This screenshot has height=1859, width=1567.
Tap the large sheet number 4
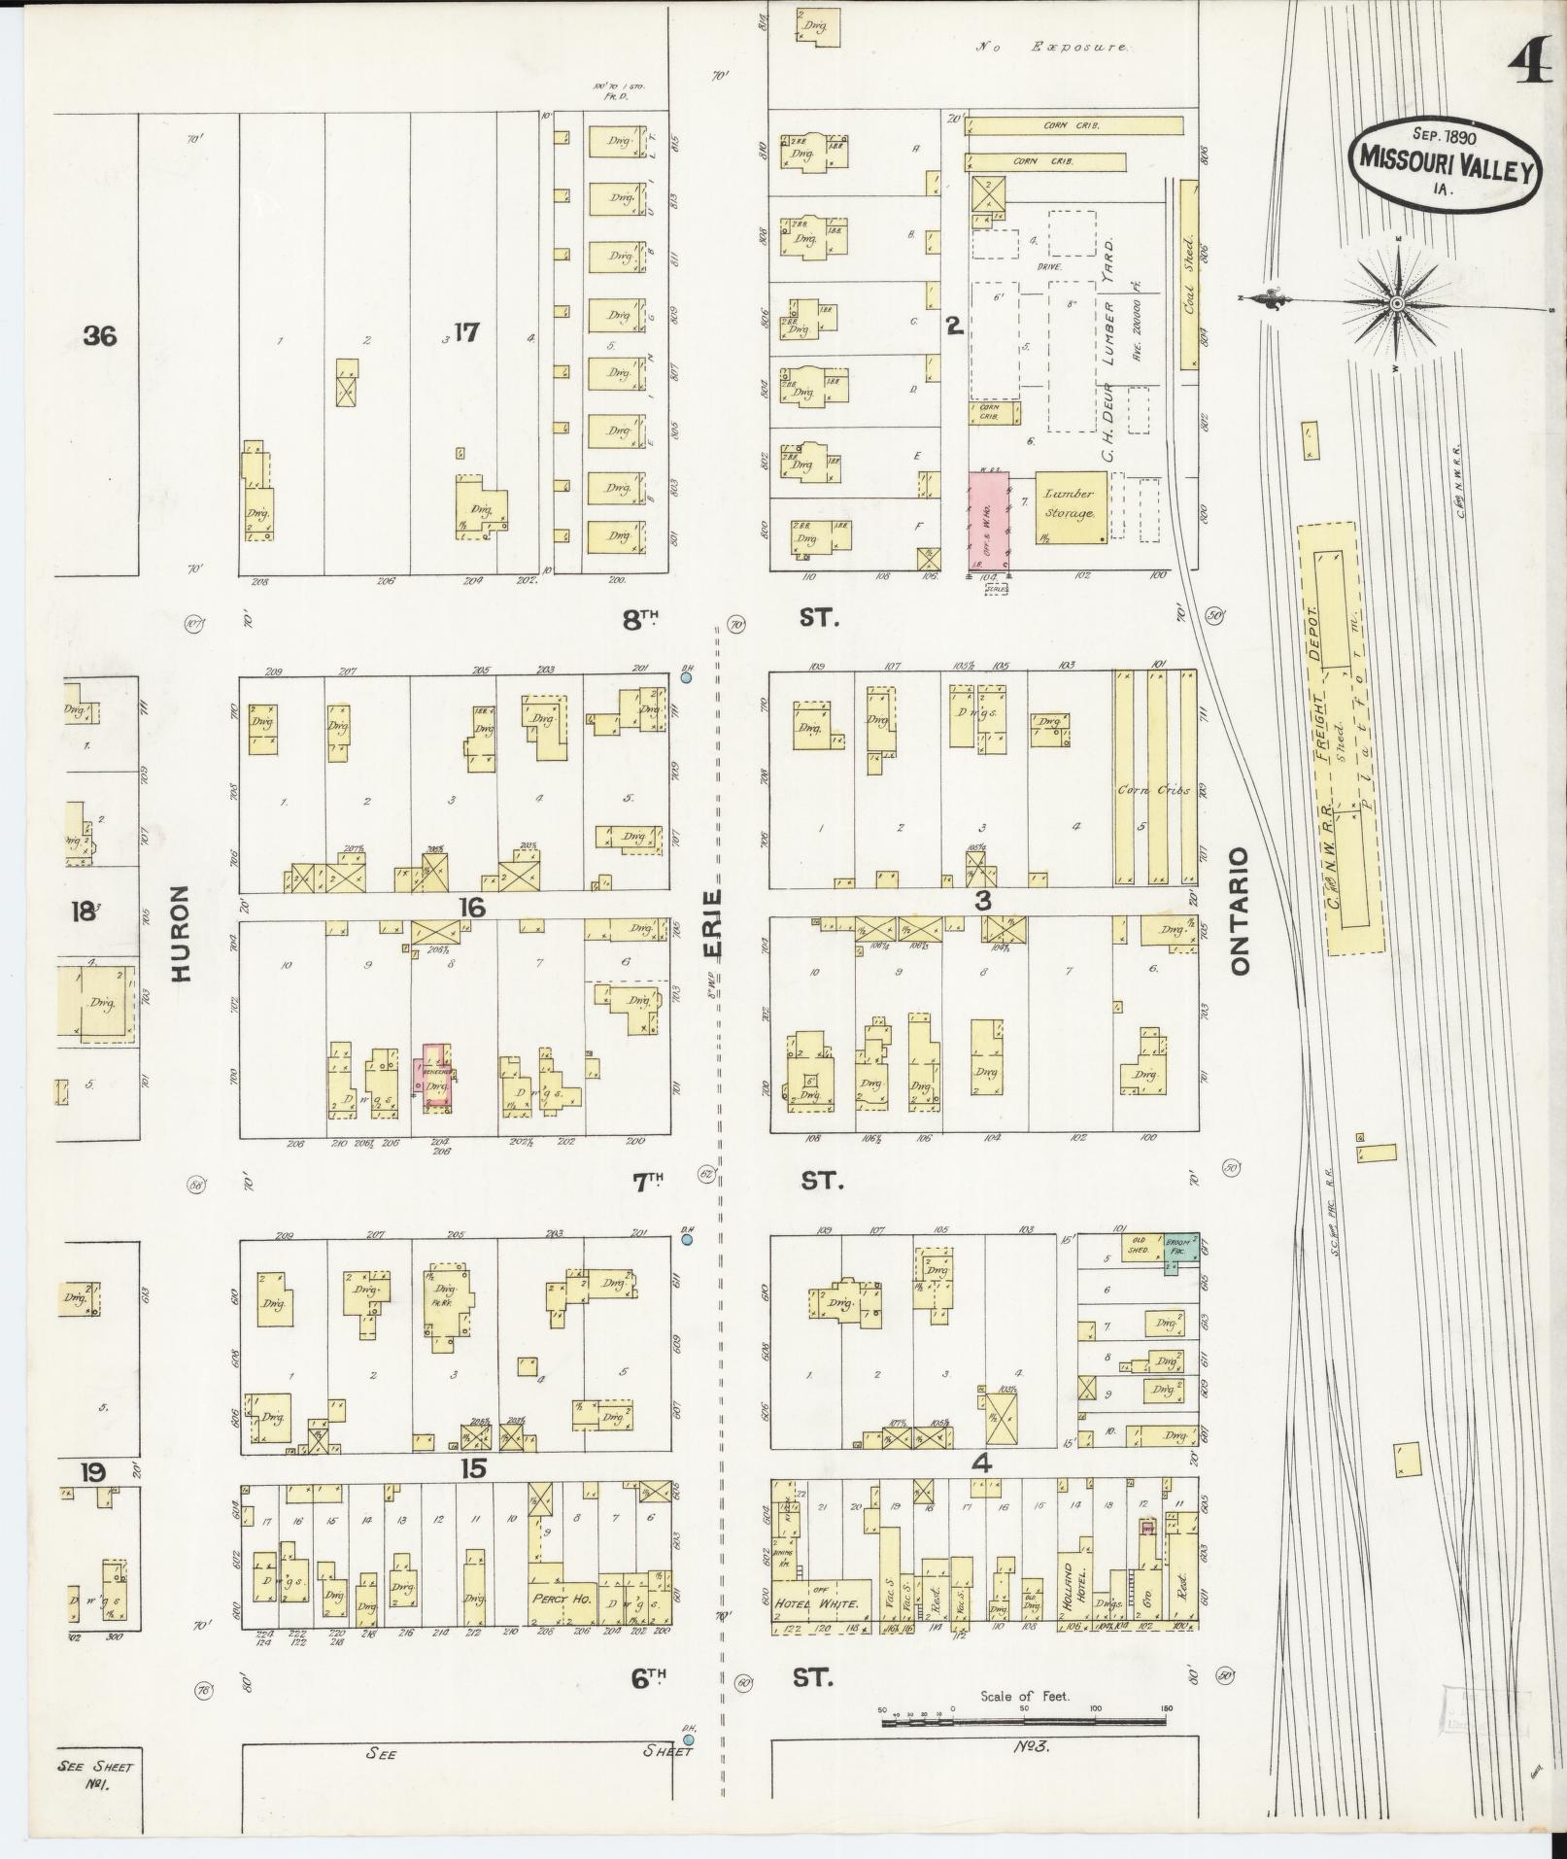tap(1531, 65)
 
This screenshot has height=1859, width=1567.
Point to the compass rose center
tap(1396, 303)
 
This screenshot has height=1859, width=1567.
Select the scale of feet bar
tap(1024, 1041)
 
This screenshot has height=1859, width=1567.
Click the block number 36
tap(100, 336)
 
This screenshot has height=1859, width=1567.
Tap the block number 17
tap(466, 333)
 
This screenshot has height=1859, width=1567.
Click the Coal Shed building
tap(1187, 276)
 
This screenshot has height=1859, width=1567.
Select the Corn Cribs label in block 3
tap(1153, 789)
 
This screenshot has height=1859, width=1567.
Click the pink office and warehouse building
tap(989, 521)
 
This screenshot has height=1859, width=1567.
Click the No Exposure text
tap(1052, 47)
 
